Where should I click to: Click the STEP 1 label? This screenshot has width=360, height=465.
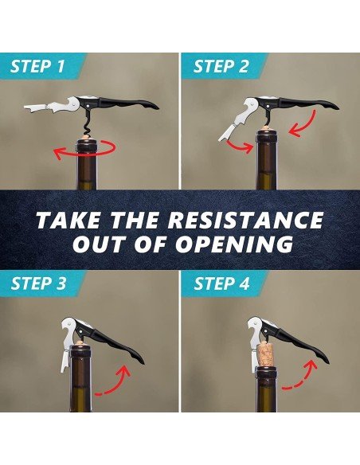click(x=37, y=66)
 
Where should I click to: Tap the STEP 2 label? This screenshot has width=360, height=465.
click(x=221, y=66)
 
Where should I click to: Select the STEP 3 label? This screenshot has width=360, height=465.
click(x=38, y=283)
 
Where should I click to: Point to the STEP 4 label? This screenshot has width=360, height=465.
click(x=221, y=283)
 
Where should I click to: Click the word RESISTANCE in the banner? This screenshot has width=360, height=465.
click(x=248, y=220)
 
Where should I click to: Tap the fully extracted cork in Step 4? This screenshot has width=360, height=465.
click(x=265, y=354)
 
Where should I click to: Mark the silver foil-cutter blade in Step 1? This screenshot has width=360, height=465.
click(x=35, y=107)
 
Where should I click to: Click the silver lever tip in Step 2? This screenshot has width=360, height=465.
click(x=223, y=136)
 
